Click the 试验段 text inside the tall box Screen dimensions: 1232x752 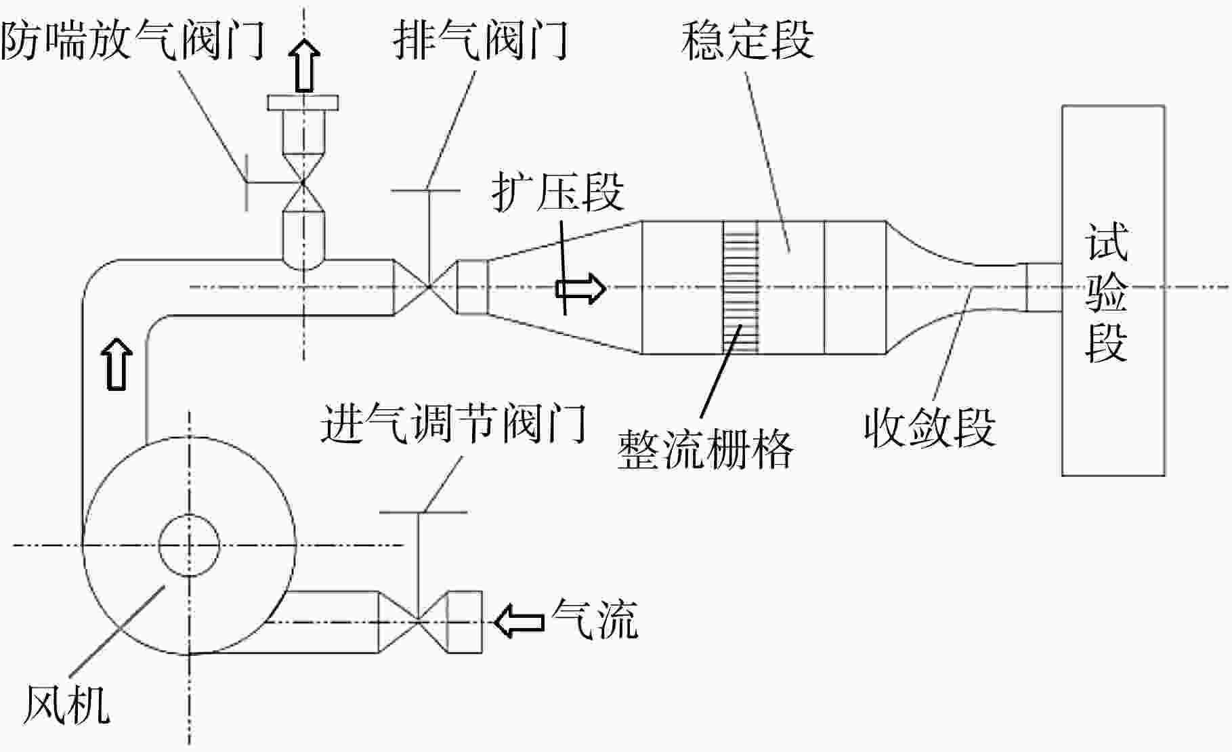[x=1106, y=293]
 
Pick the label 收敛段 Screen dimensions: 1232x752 [x=929, y=426]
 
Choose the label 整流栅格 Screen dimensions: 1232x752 [x=705, y=448]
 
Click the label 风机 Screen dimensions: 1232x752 [x=66, y=704]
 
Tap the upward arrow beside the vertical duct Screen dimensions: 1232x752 [x=117, y=363]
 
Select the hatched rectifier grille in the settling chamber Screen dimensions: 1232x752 [x=740, y=288]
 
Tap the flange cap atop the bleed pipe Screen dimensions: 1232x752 [x=303, y=102]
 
